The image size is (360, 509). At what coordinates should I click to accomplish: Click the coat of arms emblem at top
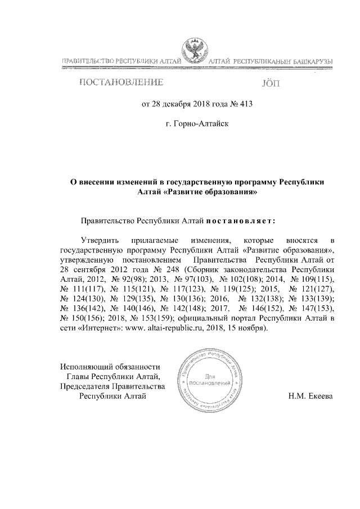click(x=195, y=51)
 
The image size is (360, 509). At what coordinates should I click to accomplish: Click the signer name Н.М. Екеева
click(x=310, y=396)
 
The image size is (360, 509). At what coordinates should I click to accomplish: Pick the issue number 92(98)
click(x=127, y=279)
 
